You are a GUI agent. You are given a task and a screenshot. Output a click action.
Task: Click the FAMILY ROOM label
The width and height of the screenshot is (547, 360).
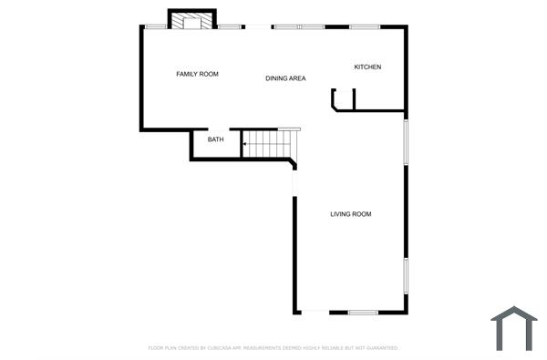point(197,74)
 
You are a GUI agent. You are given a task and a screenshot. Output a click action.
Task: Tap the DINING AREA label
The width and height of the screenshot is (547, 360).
point(285,78)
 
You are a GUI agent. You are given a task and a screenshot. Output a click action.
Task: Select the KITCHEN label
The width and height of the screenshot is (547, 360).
point(367,67)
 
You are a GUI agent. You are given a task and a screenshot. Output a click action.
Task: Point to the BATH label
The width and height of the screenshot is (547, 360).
point(215,139)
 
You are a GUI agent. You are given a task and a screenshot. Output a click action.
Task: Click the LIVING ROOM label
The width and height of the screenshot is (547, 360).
point(350,214)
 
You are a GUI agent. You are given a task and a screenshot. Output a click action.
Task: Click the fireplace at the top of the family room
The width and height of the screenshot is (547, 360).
point(191,20)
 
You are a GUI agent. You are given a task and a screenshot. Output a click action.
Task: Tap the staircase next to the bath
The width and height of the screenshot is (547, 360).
point(270,144)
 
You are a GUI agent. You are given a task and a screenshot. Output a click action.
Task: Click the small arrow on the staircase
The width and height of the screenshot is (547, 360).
point(245,144)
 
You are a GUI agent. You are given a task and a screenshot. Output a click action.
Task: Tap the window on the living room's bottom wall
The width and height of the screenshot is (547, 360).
point(363,313)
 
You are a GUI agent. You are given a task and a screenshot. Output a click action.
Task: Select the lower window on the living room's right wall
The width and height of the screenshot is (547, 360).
point(406,275)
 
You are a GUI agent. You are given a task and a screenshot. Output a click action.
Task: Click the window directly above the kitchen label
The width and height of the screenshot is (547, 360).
point(365,26)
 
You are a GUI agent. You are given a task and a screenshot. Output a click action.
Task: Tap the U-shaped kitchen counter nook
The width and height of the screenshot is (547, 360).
point(342,99)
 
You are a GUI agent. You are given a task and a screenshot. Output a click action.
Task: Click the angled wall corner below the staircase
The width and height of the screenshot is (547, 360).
point(292,163)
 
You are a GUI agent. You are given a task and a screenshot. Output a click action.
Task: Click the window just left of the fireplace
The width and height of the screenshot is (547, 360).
point(156,26)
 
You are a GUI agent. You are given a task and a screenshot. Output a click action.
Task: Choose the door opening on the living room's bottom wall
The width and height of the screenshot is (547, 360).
point(315,313)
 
